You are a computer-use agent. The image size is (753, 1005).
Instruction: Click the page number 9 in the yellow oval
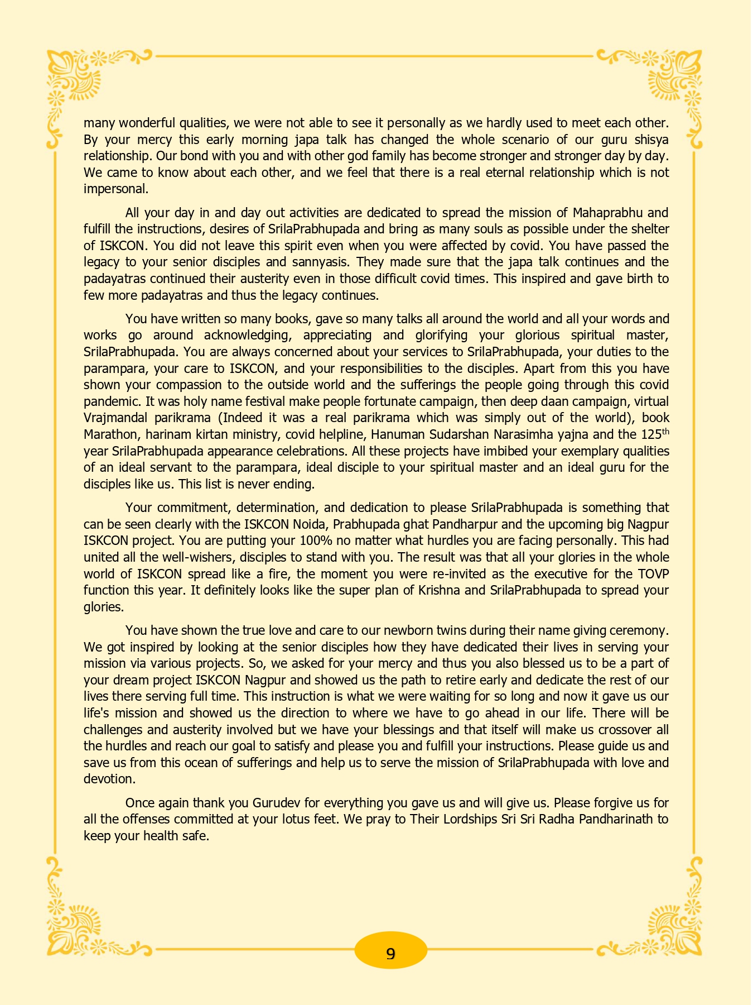pyautogui.click(x=390, y=953)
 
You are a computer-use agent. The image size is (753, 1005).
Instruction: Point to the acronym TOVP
pyautogui.click(x=653, y=574)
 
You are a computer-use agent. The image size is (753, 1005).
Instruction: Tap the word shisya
pyautogui.click(x=652, y=139)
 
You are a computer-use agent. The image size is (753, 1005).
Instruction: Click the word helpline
pyautogui.click(x=340, y=434)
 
